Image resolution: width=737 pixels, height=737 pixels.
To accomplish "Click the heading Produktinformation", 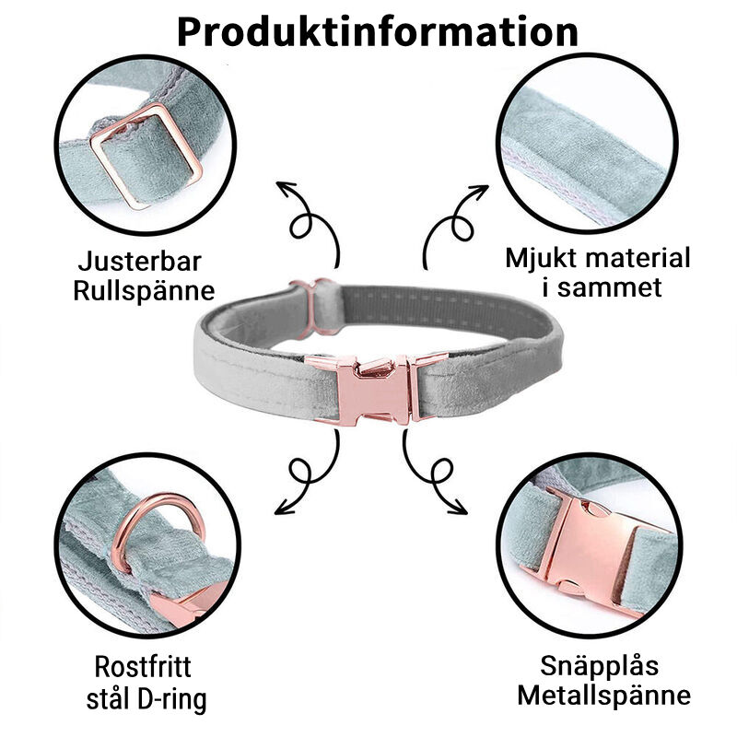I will pos(377,29).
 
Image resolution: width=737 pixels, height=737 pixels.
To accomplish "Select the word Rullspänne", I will pos(146,291).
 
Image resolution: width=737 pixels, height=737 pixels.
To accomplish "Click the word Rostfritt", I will pos(143,666).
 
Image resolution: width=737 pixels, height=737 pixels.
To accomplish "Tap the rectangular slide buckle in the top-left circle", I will pos(146,154).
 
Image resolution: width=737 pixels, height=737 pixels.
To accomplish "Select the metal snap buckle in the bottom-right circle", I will pos(590,549).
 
